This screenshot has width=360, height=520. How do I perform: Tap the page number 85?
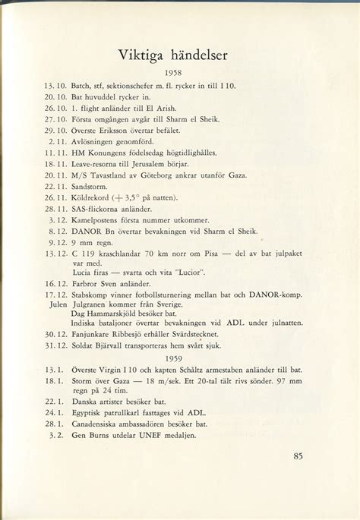click(x=298, y=456)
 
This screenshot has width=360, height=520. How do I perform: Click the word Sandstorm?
click(x=91, y=184)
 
